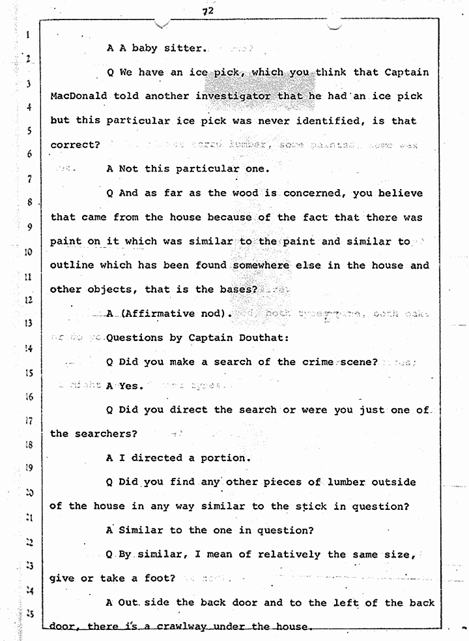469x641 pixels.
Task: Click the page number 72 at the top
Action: [x=208, y=10]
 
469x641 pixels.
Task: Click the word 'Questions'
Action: [x=137, y=338]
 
